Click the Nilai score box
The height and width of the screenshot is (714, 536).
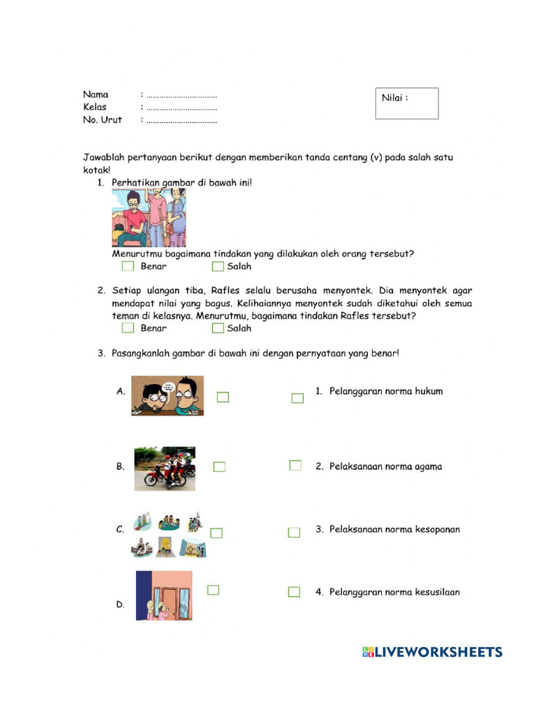(x=407, y=103)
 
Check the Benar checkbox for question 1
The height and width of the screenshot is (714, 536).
(x=128, y=266)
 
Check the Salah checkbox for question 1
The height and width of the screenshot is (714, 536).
(x=218, y=266)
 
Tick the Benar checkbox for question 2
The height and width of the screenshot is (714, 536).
(x=128, y=328)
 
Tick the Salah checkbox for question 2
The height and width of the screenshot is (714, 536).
(x=218, y=328)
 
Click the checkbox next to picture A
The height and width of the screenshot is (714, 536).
(x=223, y=397)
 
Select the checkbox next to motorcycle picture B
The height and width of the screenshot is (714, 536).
(x=219, y=466)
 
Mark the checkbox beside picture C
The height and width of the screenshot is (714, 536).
(x=216, y=533)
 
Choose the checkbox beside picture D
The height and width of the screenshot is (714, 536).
(x=214, y=590)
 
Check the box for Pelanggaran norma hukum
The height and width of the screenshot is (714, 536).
(x=297, y=398)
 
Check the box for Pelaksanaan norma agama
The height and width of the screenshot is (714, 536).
(x=295, y=465)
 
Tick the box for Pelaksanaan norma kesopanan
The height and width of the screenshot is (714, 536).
(x=294, y=532)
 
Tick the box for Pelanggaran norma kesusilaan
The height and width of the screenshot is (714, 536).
(x=294, y=592)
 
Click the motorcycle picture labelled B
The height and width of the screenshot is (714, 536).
(x=165, y=468)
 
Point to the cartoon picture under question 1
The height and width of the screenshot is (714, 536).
(x=149, y=218)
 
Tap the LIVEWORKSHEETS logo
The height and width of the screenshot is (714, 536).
(x=432, y=653)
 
